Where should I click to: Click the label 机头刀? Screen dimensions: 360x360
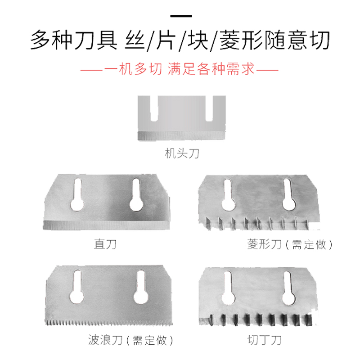(x=182, y=154)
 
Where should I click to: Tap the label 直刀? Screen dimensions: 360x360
(x=105, y=244)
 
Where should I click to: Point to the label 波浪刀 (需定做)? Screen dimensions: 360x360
(x=131, y=339)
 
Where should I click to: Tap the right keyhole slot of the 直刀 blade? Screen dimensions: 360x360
(x=136, y=195)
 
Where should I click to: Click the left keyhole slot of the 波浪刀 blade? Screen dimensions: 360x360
(x=77, y=288)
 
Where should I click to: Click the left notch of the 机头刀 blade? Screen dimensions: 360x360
(x=154, y=109)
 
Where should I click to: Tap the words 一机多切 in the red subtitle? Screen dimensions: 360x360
(x=132, y=70)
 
